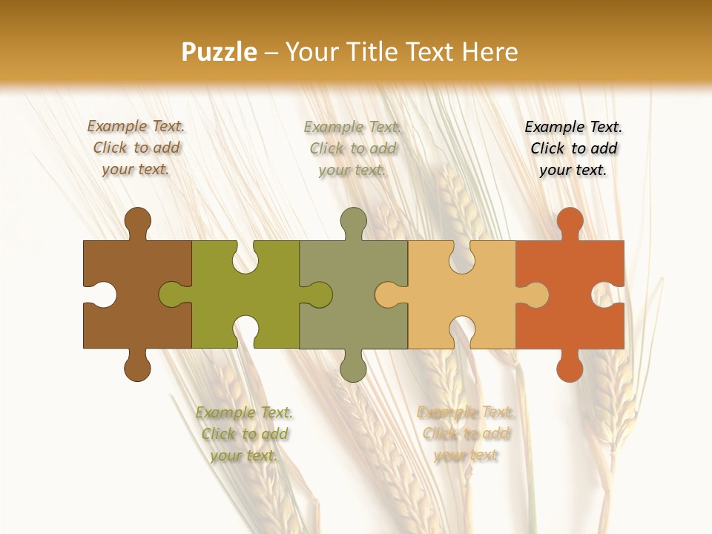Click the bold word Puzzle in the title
(x=220, y=52)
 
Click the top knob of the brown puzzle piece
(x=137, y=221)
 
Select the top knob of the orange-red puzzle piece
(x=570, y=221)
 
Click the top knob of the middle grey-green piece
(x=353, y=221)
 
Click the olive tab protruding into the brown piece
(x=172, y=294)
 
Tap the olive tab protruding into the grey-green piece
(x=319, y=294)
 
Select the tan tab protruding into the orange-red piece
(x=535, y=294)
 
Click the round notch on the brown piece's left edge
(x=103, y=294)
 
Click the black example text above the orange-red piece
(x=573, y=148)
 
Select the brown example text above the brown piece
(x=136, y=148)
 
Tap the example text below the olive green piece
(x=244, y=434)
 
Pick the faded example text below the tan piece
(x=465, y=433)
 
